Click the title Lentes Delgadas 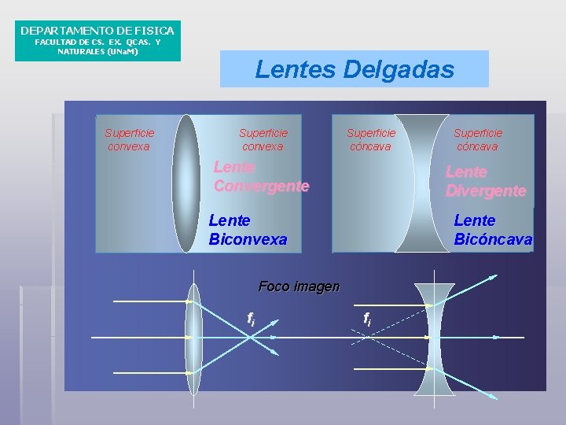point(355,69)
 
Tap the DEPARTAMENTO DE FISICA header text point(97,31)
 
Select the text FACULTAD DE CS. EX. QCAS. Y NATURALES point(97,46)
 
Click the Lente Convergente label point(261,177)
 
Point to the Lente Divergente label point(485,181)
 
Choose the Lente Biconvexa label point(248,229)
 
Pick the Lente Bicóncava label point(493,229)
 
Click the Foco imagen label point(299,286)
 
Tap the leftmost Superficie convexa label point(129,139)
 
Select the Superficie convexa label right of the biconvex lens point(263,139)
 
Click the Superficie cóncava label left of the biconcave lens point(371,139)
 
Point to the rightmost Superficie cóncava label point(478,139)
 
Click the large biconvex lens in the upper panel point(186,183)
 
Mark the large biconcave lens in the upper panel point(421,183)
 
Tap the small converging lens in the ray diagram point(193,337)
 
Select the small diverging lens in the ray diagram point(435,337)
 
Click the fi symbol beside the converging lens point(251,319)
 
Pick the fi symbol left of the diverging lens point(367,318)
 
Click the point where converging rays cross point(250,337)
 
